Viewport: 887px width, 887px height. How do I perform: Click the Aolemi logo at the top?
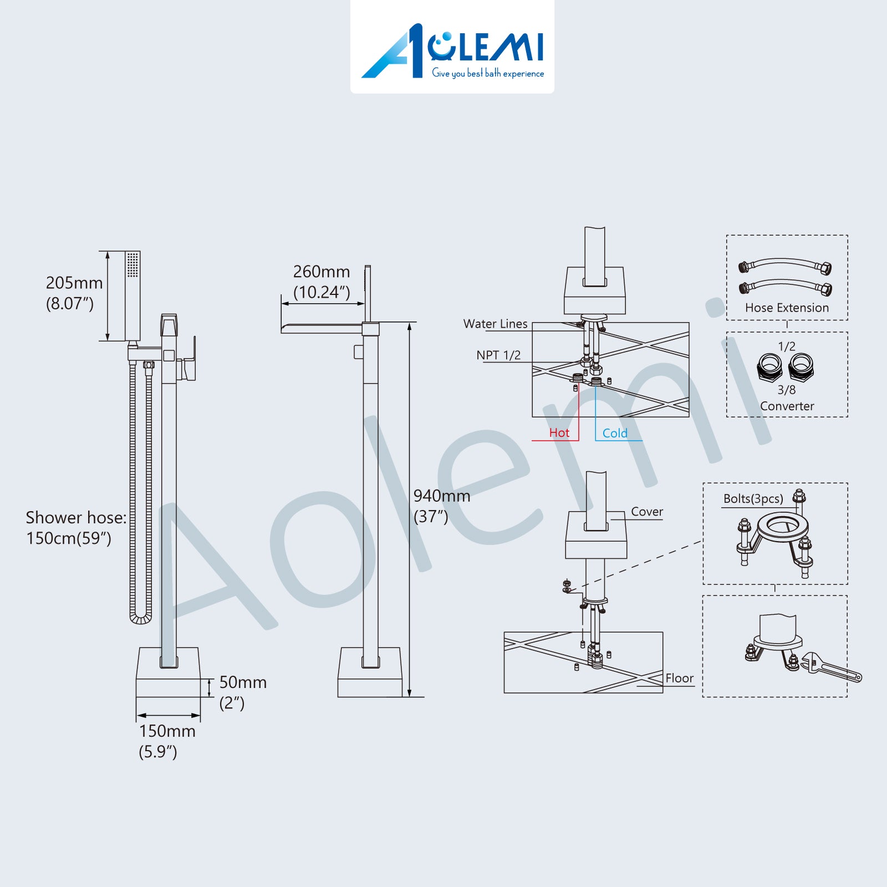(x=452, y=51)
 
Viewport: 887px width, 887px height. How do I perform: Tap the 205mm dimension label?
(x=74, y=283)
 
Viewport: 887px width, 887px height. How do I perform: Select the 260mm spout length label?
(x=322, y=272)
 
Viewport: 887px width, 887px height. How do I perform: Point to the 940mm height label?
(x=442, y=496)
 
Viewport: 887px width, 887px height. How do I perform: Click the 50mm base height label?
(x=243, y=682)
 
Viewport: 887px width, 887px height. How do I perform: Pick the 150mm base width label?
(x=167, y=731)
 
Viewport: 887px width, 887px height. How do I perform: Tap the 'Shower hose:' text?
(x=76, y=517)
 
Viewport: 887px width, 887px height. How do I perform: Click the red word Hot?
(x=559, y=433)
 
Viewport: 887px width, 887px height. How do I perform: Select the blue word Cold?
(x=615, y=433)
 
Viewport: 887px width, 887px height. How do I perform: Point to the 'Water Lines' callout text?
(x=496, y=324)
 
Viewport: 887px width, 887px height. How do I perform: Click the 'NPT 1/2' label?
(x=498, y=355)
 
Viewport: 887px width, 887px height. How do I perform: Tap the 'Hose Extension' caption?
(x=787, y=308)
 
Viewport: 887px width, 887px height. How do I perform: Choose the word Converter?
(x=787, y=406)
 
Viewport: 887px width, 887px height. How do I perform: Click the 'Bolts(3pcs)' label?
(x=753, y=498)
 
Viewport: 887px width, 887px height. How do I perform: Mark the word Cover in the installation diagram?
(x=647, y=512)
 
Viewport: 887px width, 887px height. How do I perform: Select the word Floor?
(x=680, y=678)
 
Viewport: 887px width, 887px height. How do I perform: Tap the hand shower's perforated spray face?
(x=132, y=264)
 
